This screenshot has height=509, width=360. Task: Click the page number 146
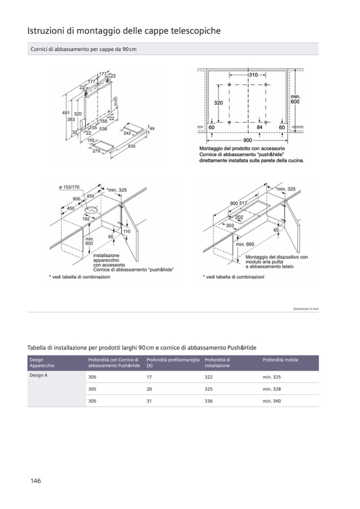tap(36, 481)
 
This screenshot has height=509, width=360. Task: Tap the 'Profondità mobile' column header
tap(280, 360)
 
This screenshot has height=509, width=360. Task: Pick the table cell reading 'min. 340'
tap(271, 401)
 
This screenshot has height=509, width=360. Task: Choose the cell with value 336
tap(209, 401)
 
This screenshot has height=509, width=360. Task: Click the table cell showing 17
tap(149, 377)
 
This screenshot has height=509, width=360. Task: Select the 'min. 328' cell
tap(271, 389)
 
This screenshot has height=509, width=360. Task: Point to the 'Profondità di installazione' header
tap(217, 363)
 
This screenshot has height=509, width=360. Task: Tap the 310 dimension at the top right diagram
tap(253, 75)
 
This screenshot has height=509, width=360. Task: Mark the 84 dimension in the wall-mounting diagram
tap(260, 128)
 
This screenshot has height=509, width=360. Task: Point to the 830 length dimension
tap(131, 146)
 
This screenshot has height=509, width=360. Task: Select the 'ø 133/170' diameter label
tap(69, 187)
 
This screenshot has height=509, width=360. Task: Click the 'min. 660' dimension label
tap(246, 244)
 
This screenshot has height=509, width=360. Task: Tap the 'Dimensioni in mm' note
tap(306, 309)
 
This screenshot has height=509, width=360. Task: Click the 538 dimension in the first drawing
tap(103, 129)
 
